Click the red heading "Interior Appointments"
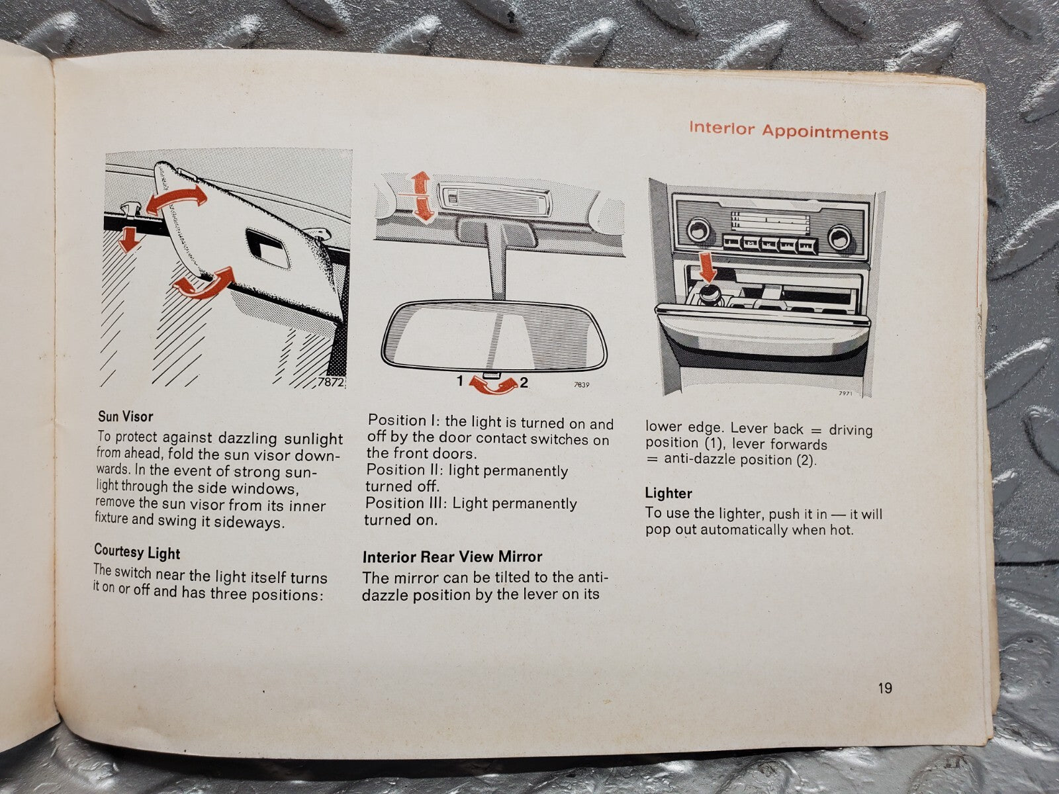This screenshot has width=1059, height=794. pyautogui.click(x=788, y=130)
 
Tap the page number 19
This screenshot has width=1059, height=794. pyautogui.click(x=885, y=688)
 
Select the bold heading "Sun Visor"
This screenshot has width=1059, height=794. pyautogui.click(x=126, y=417)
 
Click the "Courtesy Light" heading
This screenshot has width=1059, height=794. pyautogui.click(x=137, y=552)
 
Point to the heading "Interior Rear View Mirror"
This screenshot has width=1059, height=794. pyautogui.click(x=452, y=557)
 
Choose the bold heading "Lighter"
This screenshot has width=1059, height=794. pyautogui.click(x=668, y=493)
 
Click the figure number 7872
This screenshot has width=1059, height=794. pyautogui.click(x=330, y=382)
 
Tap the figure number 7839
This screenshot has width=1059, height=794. pyautogui.click(x=581, y=384)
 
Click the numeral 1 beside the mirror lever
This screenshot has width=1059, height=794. pyautogui.click(x=460, y=381)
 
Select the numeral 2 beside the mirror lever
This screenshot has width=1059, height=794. pyautogui.click(x=524, y=383)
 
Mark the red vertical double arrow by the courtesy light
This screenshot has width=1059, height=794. pyautogui.click(x=422, y=196)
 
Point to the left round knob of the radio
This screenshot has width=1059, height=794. pyautogui.click(x=697, y=230)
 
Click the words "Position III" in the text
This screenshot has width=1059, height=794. pyautogui.click(x=405, y=503)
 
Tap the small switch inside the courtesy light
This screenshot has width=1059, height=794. pyautogui.click(x=453, y=197)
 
